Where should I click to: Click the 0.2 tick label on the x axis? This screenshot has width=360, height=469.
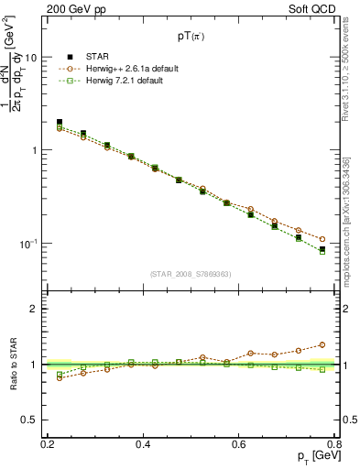(48, 444)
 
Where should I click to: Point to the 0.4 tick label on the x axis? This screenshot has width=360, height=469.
(143, 444)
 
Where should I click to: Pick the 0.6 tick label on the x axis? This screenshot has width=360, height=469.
(238, 444)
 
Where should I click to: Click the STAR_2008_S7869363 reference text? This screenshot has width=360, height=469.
(191, 274)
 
